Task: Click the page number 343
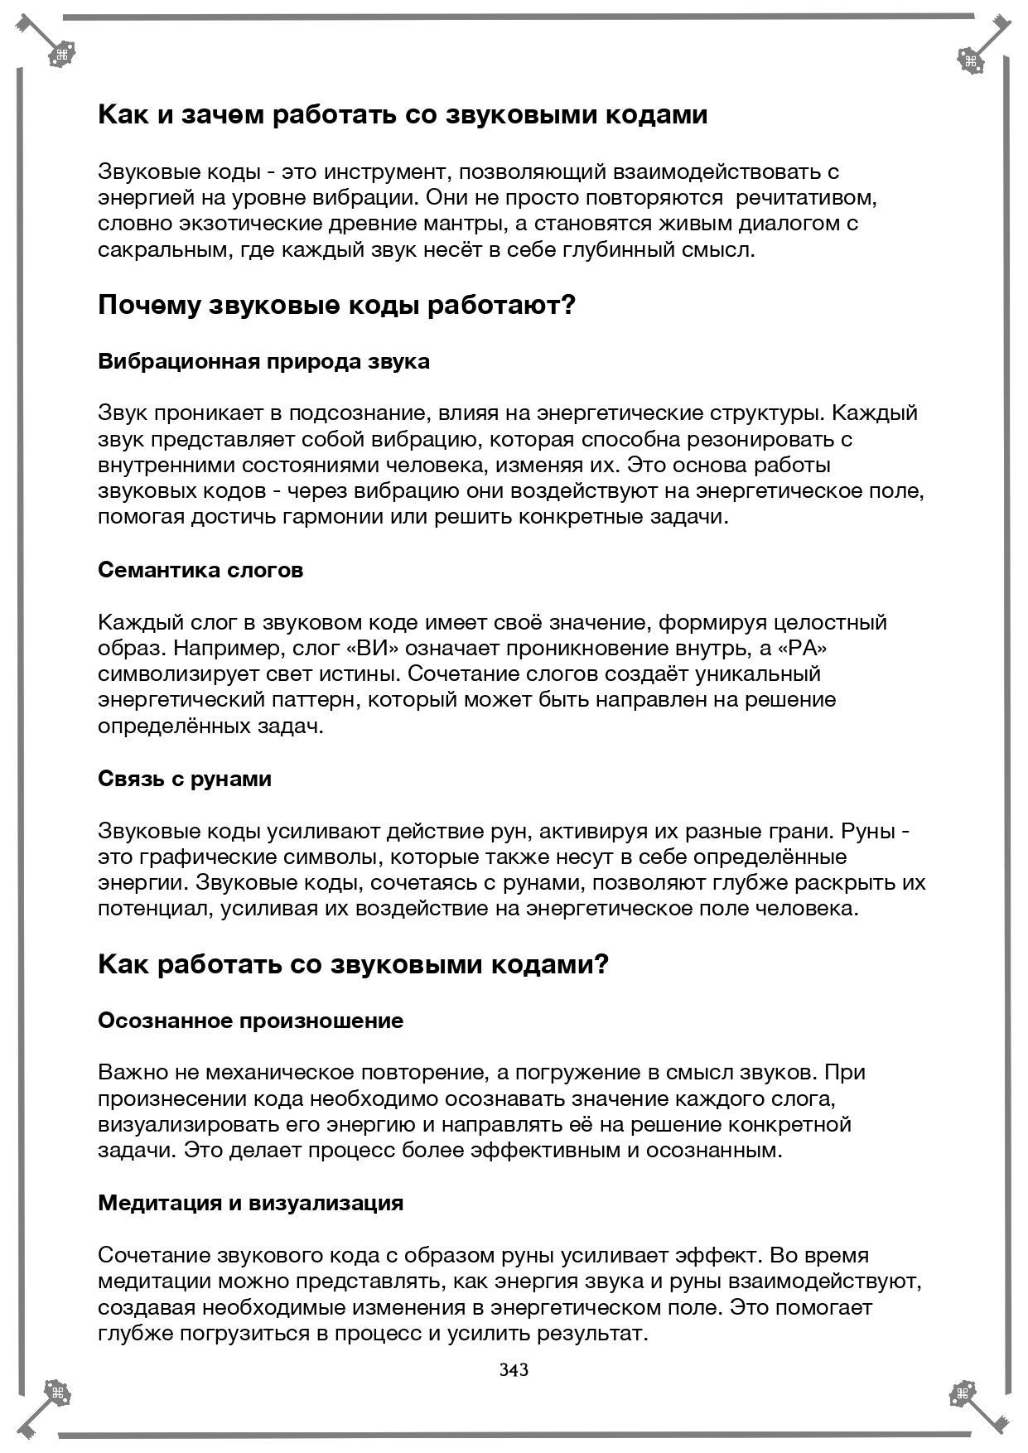[514, 1369]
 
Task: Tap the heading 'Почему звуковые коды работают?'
[336, 306]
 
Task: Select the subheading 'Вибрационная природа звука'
[263, 362]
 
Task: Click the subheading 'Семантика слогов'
[200, 571]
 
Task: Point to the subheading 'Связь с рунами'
[185, 780]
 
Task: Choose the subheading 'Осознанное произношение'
[250, 1021]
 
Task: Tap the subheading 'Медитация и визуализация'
[250, 1203]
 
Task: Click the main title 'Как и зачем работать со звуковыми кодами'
[403, 115]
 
